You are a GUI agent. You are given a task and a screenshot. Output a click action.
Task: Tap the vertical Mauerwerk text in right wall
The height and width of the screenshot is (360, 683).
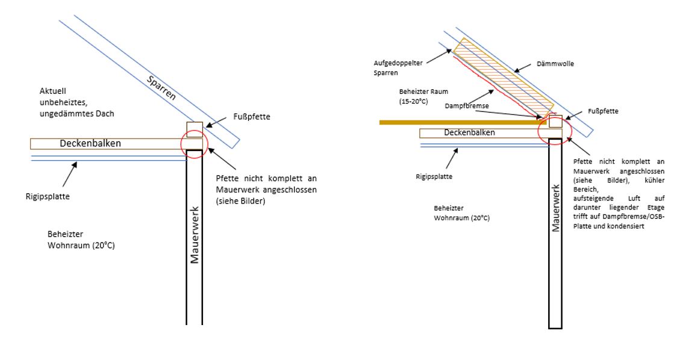click(x=555, y=207)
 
